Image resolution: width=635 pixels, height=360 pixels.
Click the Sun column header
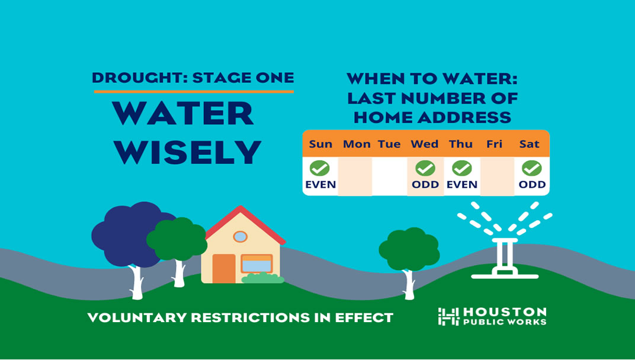pyautogui.click(x=320, y=144)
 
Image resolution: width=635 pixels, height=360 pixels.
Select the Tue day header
pyautogui.click(x=389, y=144)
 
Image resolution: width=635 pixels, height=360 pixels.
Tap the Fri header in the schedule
pyautogui.click(x=494, y=144)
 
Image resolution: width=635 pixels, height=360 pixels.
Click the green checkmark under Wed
pyautogui.click(x=425, y=168)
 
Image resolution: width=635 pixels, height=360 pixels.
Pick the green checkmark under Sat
pyautogui.click(x=532, y=168)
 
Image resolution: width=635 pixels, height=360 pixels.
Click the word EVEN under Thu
pyautogui.click(x=461, y=185)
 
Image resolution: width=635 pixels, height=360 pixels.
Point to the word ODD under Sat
pyautogui.click(x=532, y=185)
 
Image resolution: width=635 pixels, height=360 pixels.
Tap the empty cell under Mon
pyautogui.click(x=355, y=176)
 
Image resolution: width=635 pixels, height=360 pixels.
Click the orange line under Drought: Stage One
pyautogui.click(x=194, y=92)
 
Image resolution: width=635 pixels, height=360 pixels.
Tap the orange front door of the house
pyautogui.click(x=224, y=268)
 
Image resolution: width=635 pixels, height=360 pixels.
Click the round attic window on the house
pyautogui.click(x=240, y=236)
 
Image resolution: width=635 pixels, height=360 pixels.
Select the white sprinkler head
pyautogui.click(x=505, y=258)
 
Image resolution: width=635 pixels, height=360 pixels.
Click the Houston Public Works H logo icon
pyautogui.click(x=448, y=316)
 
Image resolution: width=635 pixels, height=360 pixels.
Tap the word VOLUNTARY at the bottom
pyautogui.click(x=137, y=317)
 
